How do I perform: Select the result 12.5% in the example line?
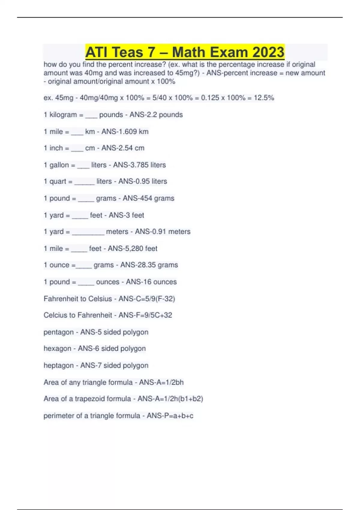coord(264,98)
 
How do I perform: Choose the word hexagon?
coord(57,349)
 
